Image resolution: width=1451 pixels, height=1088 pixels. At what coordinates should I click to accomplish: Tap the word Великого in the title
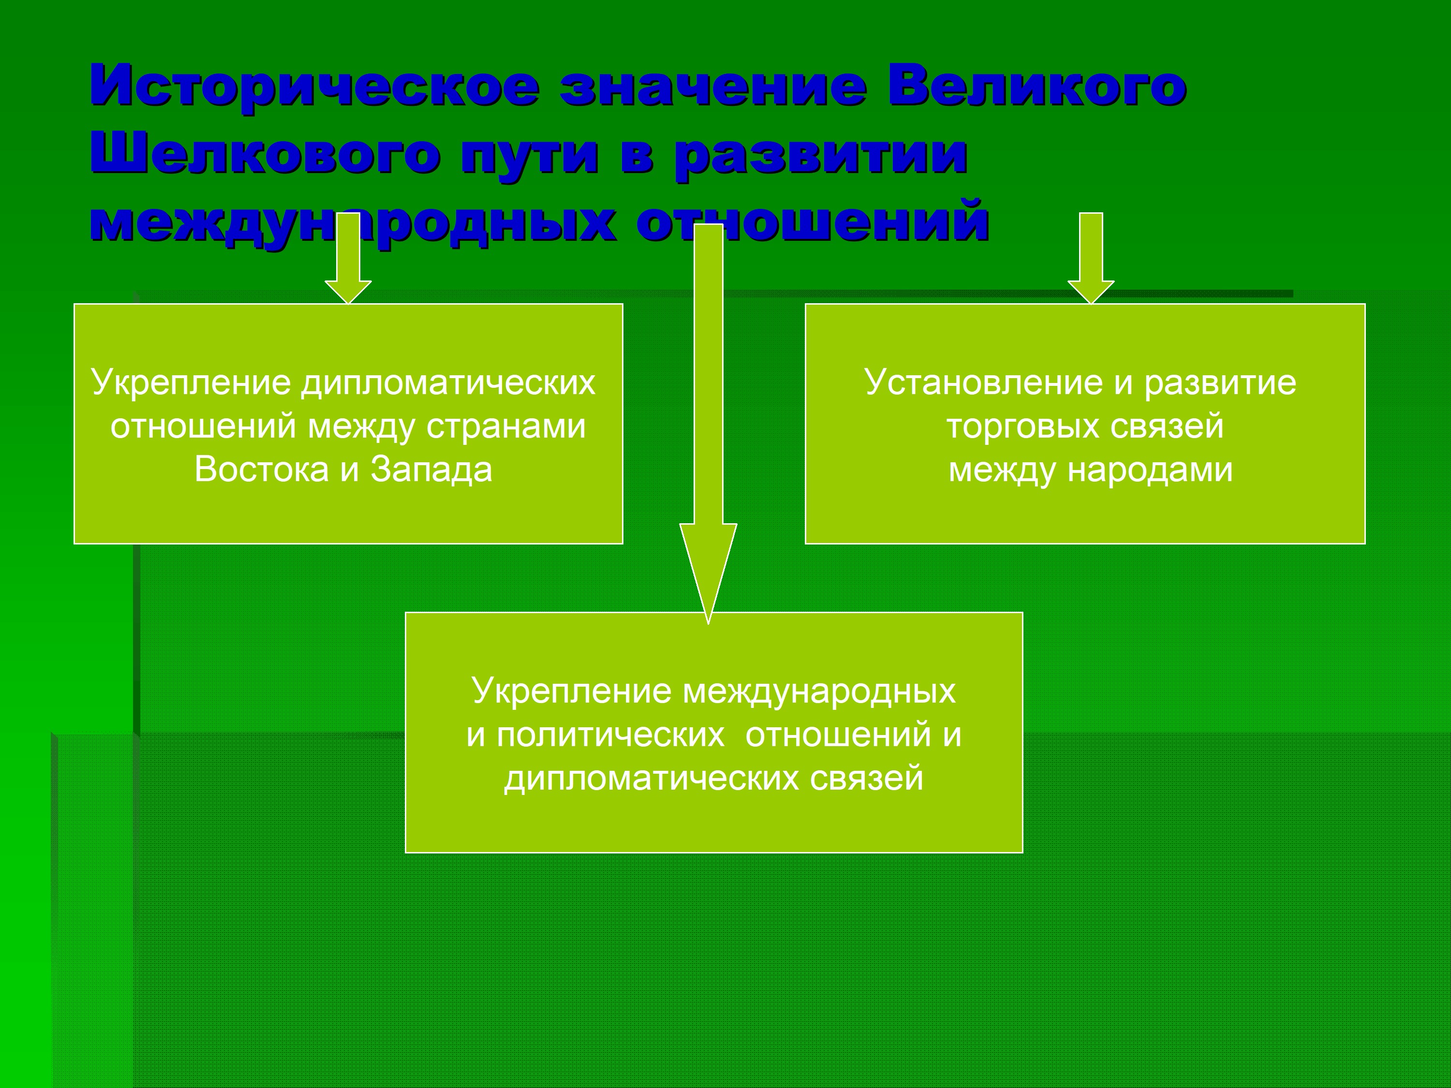[1036, 85]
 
